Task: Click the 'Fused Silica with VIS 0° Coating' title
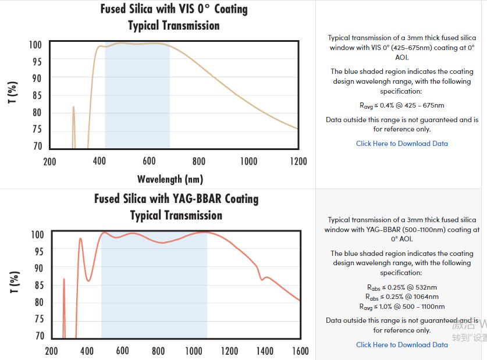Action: [173, 9]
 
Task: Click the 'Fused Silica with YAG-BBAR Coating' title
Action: [176, 199]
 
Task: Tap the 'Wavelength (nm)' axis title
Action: [170, 179]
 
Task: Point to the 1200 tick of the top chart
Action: [297, 161]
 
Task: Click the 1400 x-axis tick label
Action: [265, 351]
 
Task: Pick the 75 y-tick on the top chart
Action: [36, 130]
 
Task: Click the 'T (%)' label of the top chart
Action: [13, 93]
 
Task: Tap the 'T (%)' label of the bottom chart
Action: [16, 283]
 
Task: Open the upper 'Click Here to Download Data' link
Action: [402, 144]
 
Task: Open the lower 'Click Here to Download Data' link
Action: [402, 345]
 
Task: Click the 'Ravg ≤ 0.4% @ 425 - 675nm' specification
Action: [401, 106]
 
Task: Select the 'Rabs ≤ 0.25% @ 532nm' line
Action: [401, 287]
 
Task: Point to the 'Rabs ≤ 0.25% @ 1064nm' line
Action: [401, 297]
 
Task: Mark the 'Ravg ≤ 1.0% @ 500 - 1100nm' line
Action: [401, 306]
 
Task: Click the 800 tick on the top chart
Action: [199, 161]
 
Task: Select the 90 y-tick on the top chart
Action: [36, 78]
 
